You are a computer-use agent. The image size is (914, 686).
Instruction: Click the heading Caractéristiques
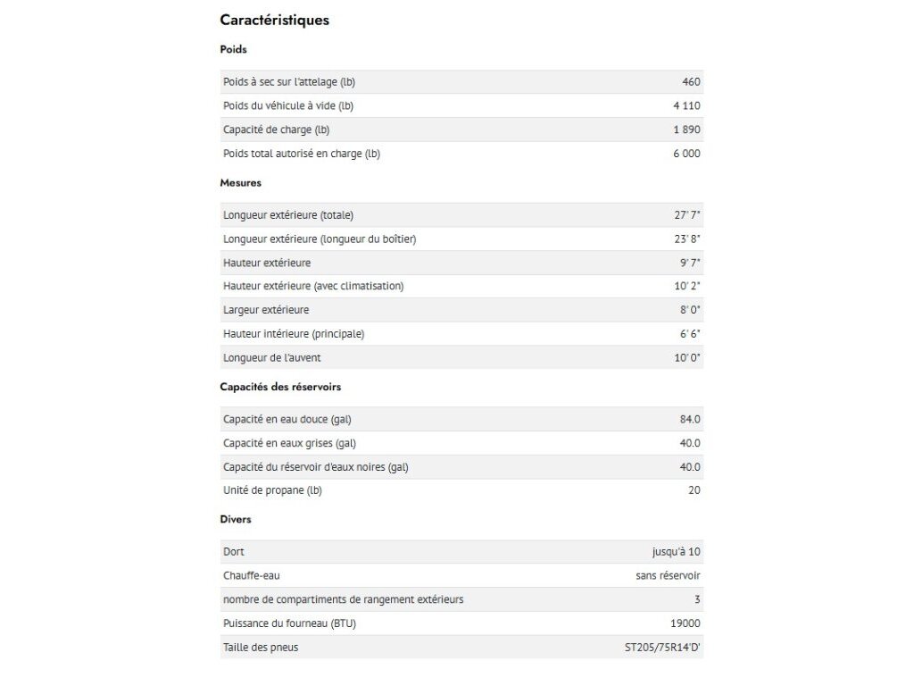(274, 20)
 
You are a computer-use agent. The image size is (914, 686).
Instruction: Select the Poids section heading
(233, 49)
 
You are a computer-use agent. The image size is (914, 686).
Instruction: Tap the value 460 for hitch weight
(691, 82)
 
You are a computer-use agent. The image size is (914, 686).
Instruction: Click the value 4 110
(686, 105)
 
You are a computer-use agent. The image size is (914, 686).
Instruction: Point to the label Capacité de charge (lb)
(276, 130)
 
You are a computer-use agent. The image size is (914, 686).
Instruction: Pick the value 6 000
(686, 154)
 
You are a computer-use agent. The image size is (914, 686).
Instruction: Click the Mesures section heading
(240, 182)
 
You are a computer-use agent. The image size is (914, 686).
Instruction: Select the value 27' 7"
(687, 215)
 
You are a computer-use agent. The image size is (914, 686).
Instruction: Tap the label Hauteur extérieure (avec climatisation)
(313, 286)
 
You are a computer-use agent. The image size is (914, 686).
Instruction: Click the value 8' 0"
(688, 310)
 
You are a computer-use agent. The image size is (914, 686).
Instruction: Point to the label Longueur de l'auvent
(271, 357)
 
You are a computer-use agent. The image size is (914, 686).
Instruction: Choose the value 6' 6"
(688, 334)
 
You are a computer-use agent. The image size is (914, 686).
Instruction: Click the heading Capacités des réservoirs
(280, 387)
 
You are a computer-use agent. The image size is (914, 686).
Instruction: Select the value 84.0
(690, 419)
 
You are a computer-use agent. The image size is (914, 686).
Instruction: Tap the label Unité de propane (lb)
(272, 490)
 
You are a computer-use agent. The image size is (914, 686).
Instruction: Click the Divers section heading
(236, 519)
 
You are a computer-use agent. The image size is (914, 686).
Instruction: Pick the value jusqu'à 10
(676, 552)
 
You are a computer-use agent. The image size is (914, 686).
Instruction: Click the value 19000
(685, 623)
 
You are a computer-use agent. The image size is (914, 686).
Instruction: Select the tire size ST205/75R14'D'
(662, 648)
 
